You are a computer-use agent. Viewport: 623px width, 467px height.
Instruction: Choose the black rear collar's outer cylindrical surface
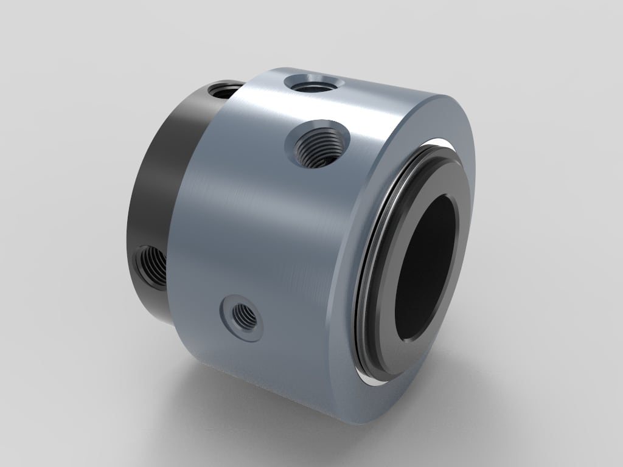click(x=158, y=182)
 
